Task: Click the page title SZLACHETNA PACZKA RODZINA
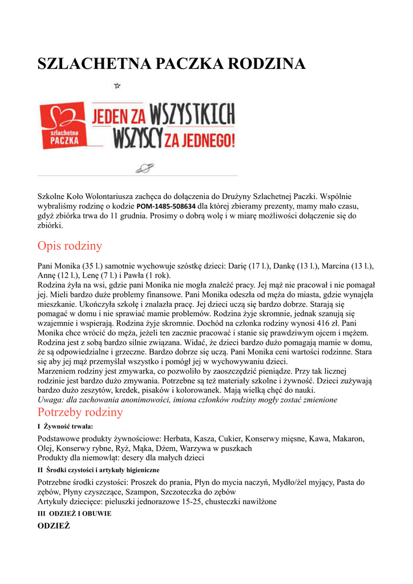tap(171, 64)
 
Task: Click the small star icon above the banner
tap(117, 86)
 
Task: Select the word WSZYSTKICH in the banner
tap(192, 116)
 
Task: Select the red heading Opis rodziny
tap(70, 246)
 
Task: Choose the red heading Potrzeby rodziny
tap(80, 412)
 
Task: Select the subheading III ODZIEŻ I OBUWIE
tap(74, 513)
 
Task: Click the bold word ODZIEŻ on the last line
tap(54, 525)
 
